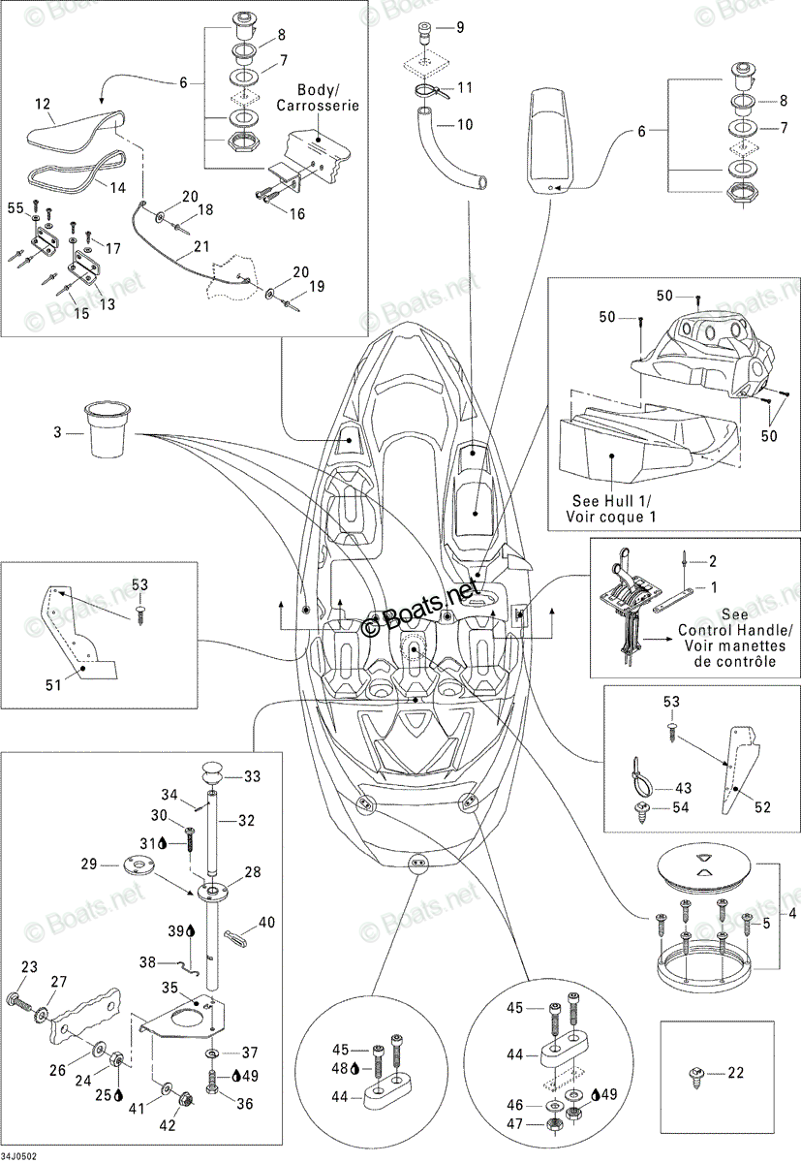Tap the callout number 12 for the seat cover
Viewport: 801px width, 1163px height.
tap(43, 104)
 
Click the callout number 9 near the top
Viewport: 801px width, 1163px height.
tap(460, 27)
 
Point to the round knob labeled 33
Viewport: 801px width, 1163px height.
tap(210, 775)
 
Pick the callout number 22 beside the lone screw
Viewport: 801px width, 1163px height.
tap(736, 1072)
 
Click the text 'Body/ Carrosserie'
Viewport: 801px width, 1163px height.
tap(318, 98)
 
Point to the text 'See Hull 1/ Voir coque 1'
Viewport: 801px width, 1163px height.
tap(610, 508)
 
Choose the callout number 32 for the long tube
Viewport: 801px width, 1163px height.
tap(246, 820)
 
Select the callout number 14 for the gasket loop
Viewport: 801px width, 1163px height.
tap(118, 187)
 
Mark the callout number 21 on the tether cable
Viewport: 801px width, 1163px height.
tap(200, 246)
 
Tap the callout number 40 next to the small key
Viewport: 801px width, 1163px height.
tap(266, 922)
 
